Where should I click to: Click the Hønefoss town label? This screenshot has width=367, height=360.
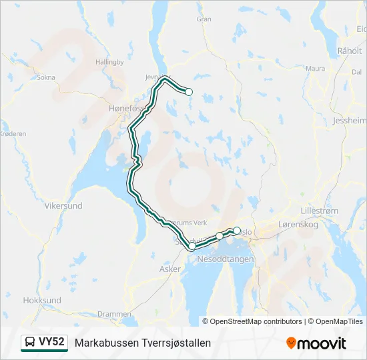pyautogui.click(x=127, y=107)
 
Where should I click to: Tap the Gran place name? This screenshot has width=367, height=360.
pyautogui.click(x=204, y=19)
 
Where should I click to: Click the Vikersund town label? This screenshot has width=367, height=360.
pyautogui.click(x=63, y=206)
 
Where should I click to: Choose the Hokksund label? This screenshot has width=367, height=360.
pyautogui.click(x=42, y=301)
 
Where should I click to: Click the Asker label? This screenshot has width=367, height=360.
pyautogui.click(x=169, y=269)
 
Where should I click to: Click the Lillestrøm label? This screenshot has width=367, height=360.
pyautogui.click(x=320, y=211)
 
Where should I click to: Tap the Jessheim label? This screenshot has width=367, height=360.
pyautogui.click(x=349, y=121)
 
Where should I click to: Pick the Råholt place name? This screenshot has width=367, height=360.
pyautogui.click(x=350, y=50)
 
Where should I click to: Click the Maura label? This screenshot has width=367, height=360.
pyautogui.click(x=315, y=68)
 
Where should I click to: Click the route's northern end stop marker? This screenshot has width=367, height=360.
pyautogui.click(x=189, y=92)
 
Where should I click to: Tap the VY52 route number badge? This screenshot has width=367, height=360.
pyautogui.click(x=51, y=342)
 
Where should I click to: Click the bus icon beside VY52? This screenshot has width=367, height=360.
pyautogui.click(x=30, y=343)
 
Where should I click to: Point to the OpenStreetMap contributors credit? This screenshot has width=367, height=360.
pyautogui.click(x=255, y=321)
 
